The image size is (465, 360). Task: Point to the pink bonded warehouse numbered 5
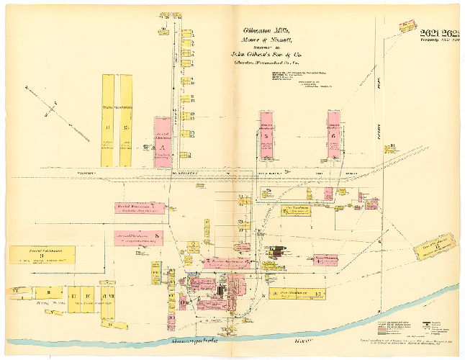pyautogui.click(x=266, y=135)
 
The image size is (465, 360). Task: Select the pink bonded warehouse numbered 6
pyautogui.click(x=334, y=135)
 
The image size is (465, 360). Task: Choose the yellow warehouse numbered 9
pyautogui.click(x=41, y=254)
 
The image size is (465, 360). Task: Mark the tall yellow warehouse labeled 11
pyautogui.click(x=107, y=120)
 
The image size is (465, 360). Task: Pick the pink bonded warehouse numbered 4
pyautogui.click(x=226, y=263)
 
